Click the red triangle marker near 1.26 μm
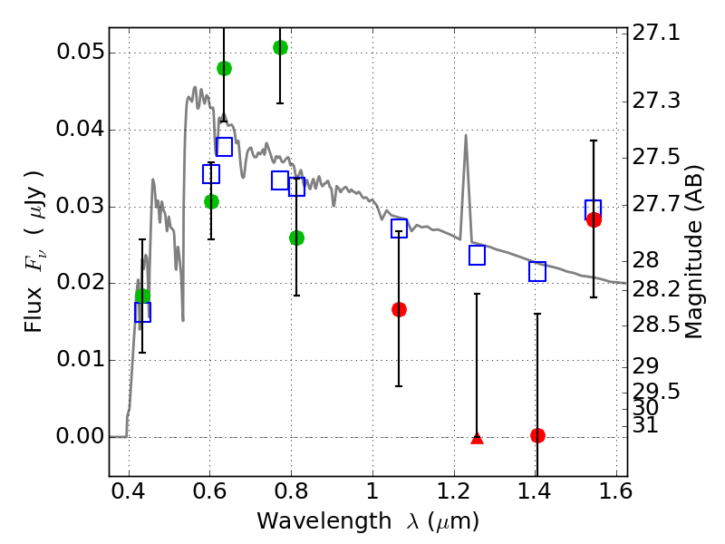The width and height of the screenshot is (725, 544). click(x=478, y=438)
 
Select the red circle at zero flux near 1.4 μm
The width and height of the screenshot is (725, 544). click(x=537, y=435)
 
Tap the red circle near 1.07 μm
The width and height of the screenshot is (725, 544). click(x=399, y=309)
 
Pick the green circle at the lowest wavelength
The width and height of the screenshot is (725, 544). click(x=142, y=296)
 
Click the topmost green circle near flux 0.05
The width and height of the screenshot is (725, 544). click(x=280, y=47)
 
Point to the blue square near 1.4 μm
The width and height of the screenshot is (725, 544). click(x=537, y=271)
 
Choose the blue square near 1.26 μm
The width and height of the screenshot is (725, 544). click(x=478, y=255)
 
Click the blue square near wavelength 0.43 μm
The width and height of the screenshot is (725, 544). click(x=142, y=312)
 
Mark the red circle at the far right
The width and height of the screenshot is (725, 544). click(x=594, y=219)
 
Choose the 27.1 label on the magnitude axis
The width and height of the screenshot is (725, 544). click(x=658, y=34)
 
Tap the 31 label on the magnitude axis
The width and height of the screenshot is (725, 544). click(x=650, y=424)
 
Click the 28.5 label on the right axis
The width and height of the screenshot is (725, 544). click(x=658, y=324)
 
